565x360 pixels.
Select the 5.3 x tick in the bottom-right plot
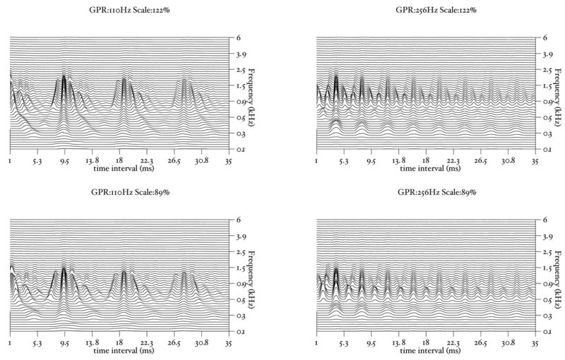point(344,343)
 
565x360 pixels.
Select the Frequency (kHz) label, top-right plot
point(559,93)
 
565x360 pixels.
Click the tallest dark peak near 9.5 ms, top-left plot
point(64,81)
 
